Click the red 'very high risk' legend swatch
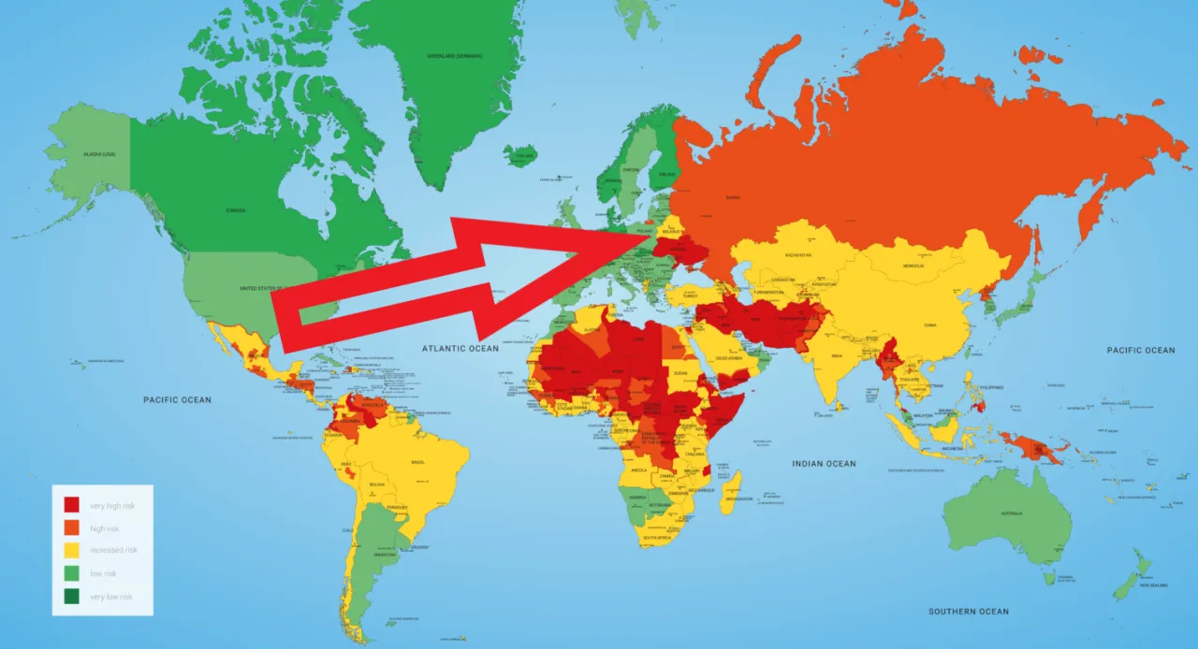71,506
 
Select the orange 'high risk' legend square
71,528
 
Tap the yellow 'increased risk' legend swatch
71,551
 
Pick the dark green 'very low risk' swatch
71,596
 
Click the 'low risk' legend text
103,573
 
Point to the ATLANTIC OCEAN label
460,349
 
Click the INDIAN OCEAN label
824,464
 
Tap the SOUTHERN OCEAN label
969,612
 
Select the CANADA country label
236,210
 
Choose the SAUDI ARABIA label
733,357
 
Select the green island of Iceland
520,154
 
